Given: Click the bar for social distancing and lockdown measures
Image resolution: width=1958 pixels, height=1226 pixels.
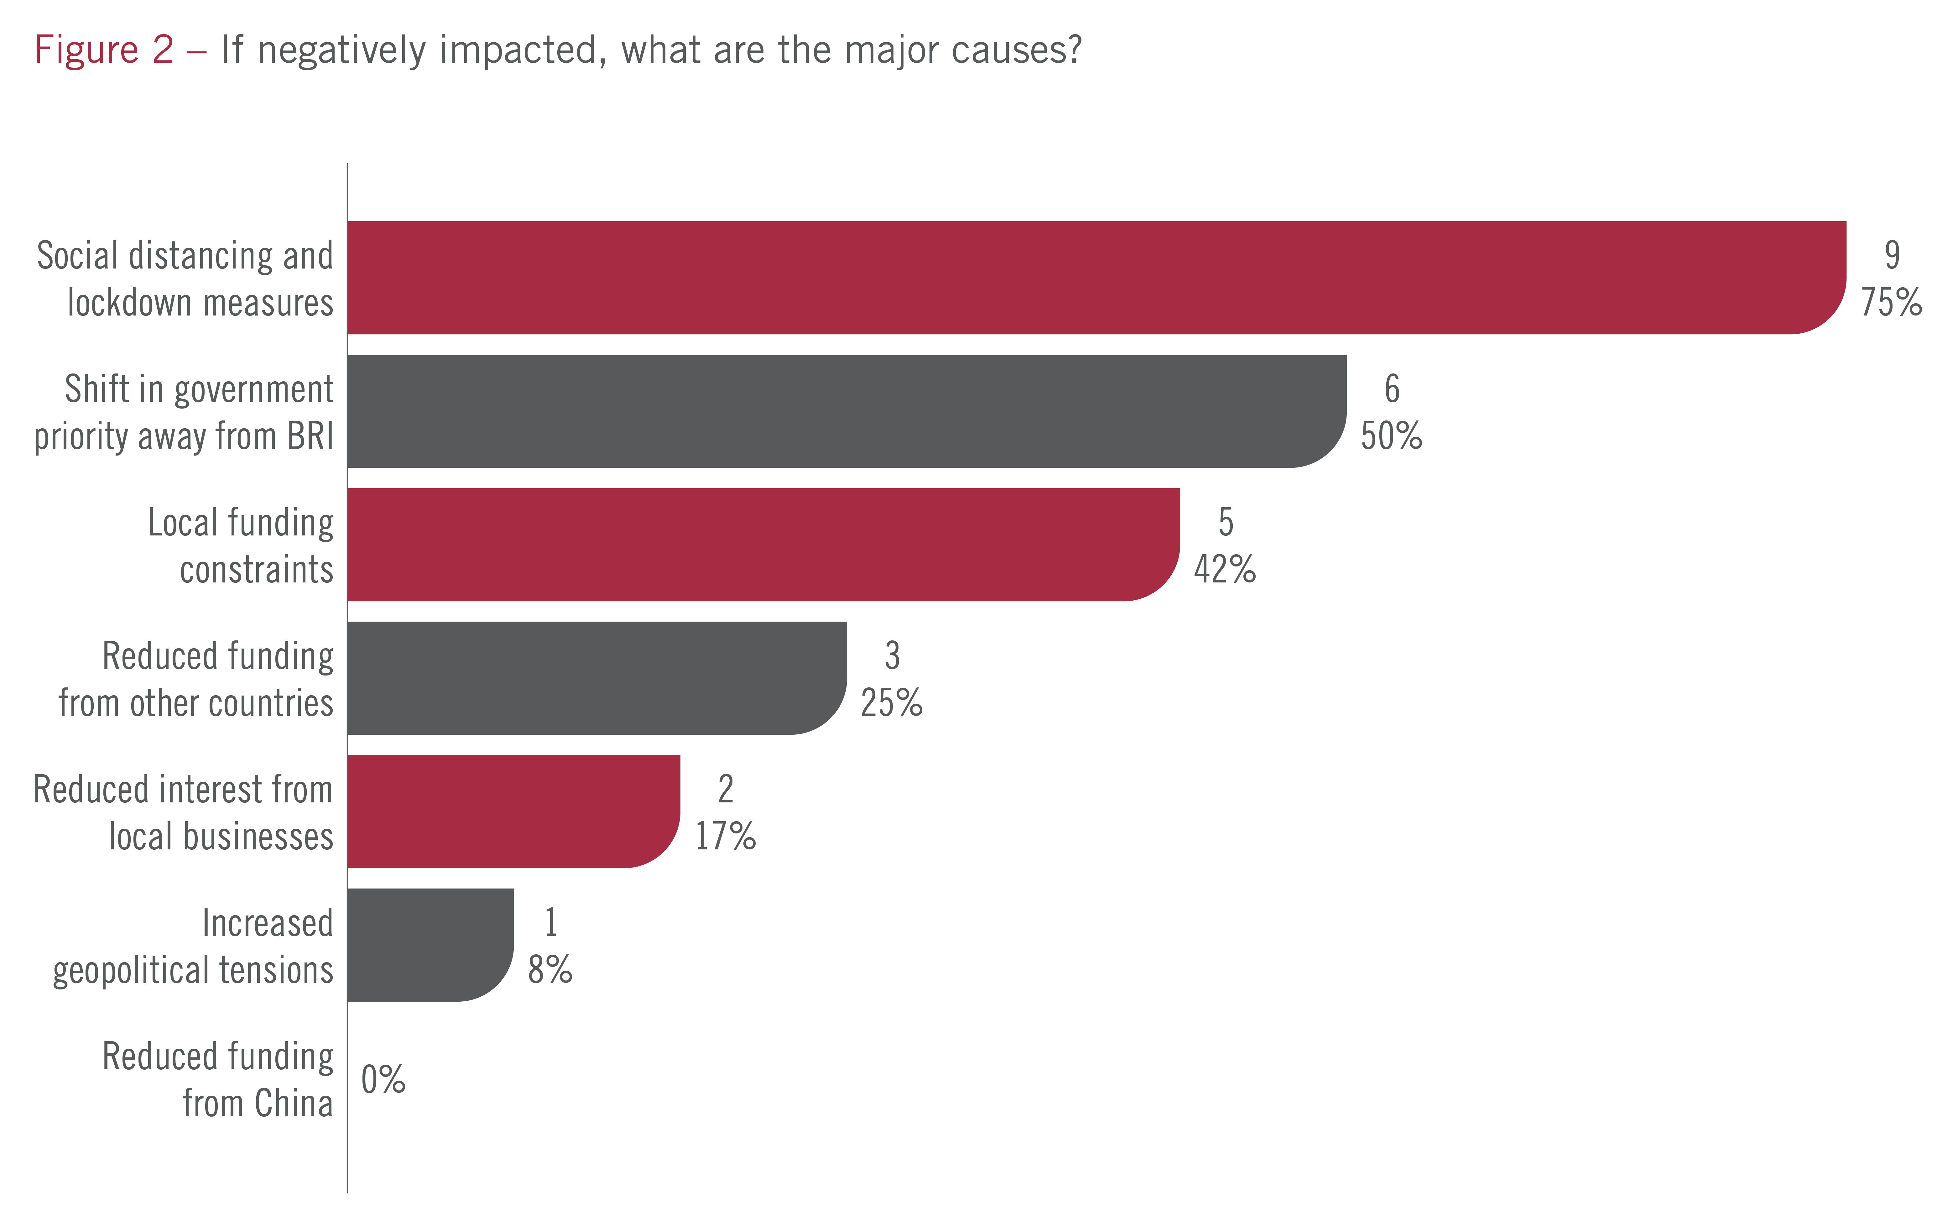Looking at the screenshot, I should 1095,277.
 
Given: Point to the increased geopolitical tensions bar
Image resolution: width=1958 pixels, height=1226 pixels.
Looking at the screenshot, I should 430,945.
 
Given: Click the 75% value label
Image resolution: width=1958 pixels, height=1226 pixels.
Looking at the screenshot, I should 1891,302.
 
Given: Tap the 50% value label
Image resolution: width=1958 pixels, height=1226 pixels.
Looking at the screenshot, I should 1390,436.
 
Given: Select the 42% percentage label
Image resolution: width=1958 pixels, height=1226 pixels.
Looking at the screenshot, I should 1224,569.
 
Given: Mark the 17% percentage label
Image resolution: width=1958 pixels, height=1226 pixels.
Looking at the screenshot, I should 725,836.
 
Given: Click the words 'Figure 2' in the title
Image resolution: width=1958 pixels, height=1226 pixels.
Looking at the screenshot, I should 104,50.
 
